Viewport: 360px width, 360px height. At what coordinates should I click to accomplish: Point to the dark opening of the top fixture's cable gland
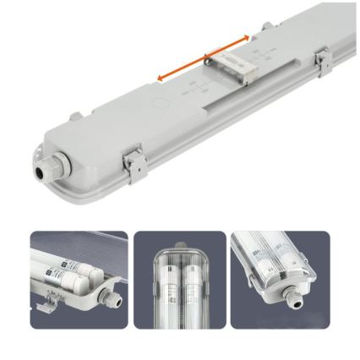[x=38, y=167]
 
